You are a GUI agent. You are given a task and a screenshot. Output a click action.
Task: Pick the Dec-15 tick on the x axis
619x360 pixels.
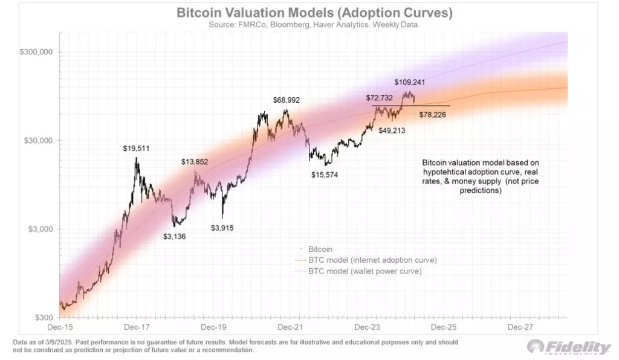(60, 327)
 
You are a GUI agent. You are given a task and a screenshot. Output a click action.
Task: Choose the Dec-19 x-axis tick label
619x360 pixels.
(213, 327)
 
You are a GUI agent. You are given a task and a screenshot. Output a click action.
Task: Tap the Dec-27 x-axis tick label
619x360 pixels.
(520, 327)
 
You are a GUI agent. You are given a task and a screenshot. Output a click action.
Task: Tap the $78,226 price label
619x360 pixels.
(432, 115)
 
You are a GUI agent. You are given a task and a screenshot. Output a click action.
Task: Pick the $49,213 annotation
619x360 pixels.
(393, 130)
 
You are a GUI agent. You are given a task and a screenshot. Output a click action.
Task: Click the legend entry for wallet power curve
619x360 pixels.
(365, 271)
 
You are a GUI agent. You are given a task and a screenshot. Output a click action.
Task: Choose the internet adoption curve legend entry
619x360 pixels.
(372, 260)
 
